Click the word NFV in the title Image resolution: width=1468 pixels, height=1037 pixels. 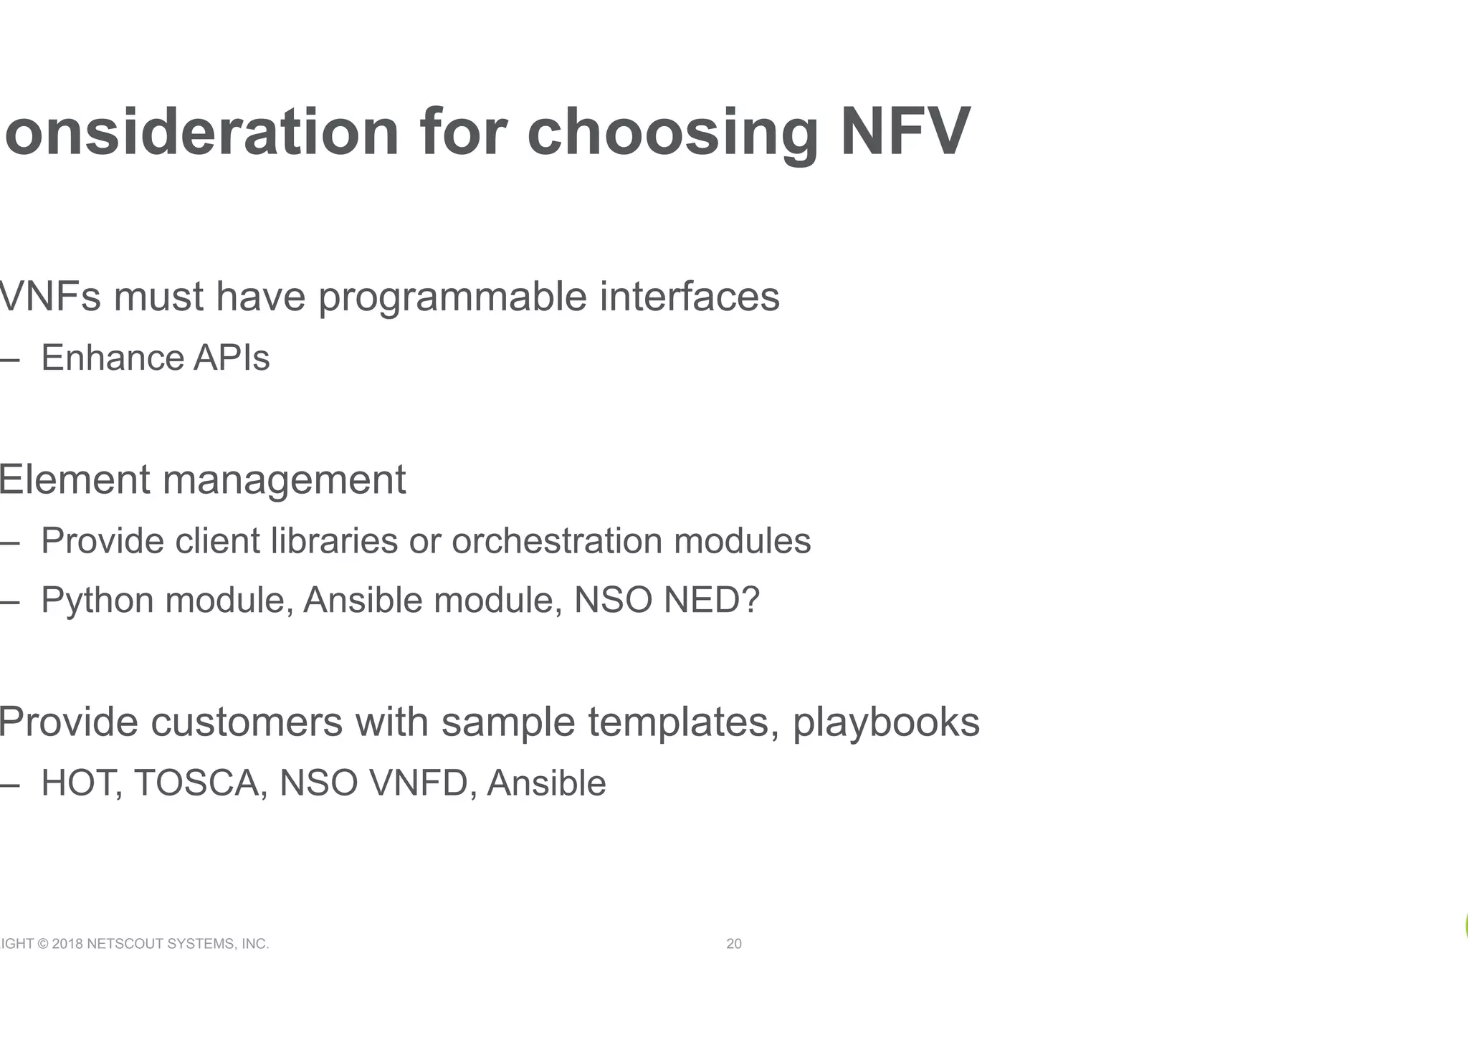pyautogui.click(x=905, y=132)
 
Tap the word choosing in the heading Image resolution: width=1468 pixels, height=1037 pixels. pyautogui.click(x=672, y=133)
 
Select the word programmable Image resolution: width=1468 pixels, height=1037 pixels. pyautogui.click(x=452, y=297)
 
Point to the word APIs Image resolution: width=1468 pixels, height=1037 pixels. pyautogui.click(x=232, y=358)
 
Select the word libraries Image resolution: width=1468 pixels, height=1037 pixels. pyautogui.click(x=334, y=540)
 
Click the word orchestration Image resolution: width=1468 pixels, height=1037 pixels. pyautogui.click(x=557, y=540)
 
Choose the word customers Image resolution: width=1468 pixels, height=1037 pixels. pyautogui.click(x=247, y=722)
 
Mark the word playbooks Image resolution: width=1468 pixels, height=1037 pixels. pyautogui.click(x=886, y=722)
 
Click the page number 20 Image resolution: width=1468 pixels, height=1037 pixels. pyautogui.click(x=734, y=944)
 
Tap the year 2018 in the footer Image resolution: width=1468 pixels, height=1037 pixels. pyautogui.click(x=67, y=944)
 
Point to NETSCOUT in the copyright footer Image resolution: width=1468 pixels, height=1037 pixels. pyautogui.click(x=125, y=944)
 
